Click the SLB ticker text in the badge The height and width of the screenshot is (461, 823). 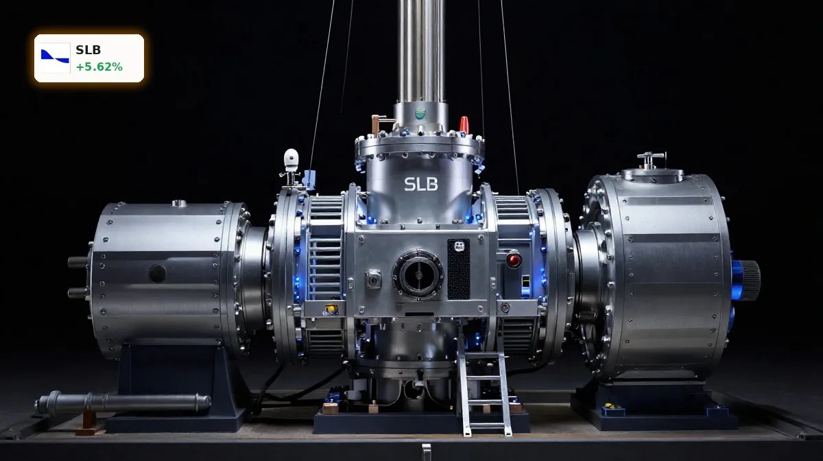point(88,49)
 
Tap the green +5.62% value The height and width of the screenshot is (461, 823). point(99,67)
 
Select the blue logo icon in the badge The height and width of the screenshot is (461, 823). point(55,58)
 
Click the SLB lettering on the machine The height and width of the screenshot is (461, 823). point(421,184)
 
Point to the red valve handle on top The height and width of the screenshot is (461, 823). point(464,124)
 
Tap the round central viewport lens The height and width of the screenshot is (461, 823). point(418,274)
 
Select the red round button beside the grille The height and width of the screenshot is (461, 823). point(514,260)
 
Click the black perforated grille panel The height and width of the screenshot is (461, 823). point(459,269)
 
